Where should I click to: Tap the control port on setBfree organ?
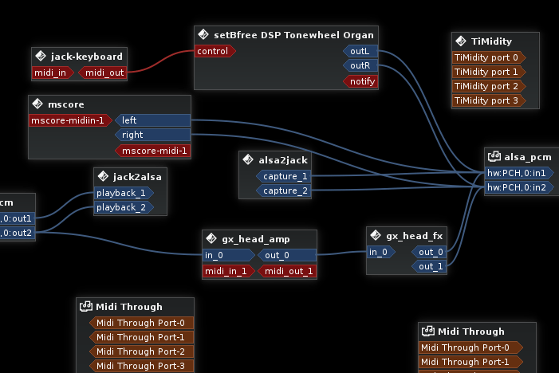214,51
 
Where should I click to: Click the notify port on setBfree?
360,80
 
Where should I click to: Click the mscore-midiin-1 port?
69,121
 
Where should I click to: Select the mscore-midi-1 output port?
154,150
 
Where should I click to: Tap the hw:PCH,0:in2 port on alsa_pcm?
517,187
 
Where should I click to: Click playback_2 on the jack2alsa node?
123,207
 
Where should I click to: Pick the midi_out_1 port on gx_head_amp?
288,271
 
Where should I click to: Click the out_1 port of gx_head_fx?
430,266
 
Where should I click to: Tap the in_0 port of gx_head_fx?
380,252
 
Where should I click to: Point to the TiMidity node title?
491,41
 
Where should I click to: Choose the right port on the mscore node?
152,135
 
